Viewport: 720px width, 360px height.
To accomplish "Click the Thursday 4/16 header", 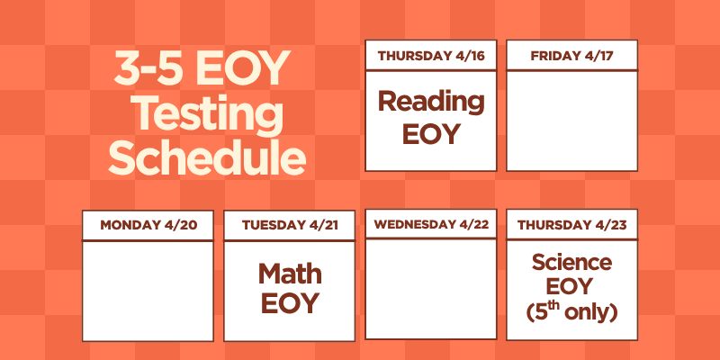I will point(431,56).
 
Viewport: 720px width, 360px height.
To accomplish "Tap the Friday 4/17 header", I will point(571,56).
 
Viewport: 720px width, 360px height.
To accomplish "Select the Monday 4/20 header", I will point(148,225).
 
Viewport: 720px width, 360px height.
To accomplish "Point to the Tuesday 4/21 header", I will point(290,225).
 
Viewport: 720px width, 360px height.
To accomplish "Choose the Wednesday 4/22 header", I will point(431,224).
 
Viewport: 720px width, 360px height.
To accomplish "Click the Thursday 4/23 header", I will point(571,225).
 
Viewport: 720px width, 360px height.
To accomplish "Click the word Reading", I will point(430,101).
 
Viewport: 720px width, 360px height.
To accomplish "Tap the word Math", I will point(290,273).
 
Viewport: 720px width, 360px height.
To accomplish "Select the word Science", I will point(571,263).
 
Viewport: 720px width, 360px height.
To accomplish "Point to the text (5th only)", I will point(571,313).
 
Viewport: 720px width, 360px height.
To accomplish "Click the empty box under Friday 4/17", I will point(571,120).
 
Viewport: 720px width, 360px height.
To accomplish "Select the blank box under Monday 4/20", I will point(148,291).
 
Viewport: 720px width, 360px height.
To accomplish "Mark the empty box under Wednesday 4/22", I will point(431,288).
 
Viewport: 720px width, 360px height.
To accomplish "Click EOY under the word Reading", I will point(430,134).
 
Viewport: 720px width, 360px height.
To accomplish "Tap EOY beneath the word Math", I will point(290,304).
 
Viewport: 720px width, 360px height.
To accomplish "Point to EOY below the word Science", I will point(571,288).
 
